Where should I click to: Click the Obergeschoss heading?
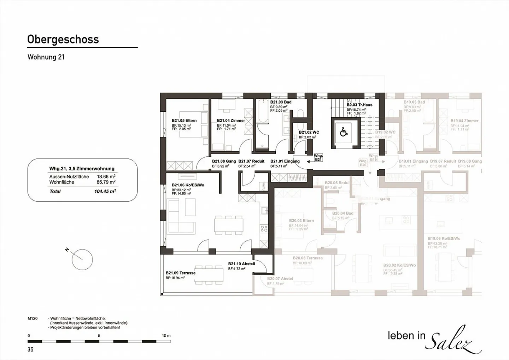[63, 39]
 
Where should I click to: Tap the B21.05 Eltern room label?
[184, 121]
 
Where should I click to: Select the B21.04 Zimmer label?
[231, 121]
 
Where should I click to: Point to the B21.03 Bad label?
[281, 102]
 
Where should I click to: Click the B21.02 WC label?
[309, 133]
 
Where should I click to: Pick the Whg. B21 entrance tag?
[318, 158]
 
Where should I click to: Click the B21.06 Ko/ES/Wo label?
[188, 185]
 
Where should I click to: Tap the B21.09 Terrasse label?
[180, 273]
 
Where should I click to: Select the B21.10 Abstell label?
[241, 264]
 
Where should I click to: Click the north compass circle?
[82, 260]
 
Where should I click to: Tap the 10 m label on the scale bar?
[166, 336]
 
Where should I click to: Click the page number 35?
[30, 349]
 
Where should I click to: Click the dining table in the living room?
[228, 225]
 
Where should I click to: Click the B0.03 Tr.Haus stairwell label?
[359, 105]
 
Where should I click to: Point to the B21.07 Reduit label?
[251, 161]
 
